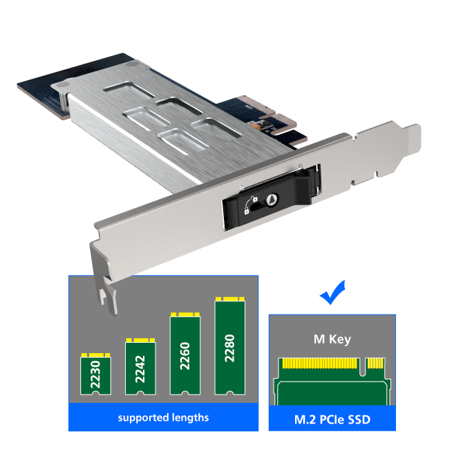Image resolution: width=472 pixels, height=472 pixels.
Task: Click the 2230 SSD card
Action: (96, 374)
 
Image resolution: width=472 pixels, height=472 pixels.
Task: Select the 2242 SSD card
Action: (140, 366)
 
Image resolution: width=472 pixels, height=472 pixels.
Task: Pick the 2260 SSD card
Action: (185, 354)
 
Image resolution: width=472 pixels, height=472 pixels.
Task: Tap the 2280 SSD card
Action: (229, 346)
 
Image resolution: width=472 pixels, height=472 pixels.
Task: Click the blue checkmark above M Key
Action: (332, 292)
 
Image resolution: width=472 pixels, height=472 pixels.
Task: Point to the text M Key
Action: (332, 339)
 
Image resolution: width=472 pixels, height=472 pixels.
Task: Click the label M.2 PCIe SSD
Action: (332, 419)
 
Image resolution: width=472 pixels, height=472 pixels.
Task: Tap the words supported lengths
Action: (163, 418)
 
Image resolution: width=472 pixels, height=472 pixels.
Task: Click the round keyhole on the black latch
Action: (272, 199)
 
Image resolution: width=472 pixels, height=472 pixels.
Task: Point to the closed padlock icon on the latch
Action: (247, 211)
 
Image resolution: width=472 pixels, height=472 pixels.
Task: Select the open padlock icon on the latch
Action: (254, 198)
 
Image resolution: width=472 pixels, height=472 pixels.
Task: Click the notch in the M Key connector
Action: (363, 367)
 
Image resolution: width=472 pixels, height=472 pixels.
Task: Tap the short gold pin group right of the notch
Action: (376, 364)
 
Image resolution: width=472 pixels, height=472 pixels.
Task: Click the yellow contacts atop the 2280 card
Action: (229, 299)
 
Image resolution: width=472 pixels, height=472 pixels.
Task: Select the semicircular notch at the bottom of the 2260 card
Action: (185, 393)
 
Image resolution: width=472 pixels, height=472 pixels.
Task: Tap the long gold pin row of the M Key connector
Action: (320, 364)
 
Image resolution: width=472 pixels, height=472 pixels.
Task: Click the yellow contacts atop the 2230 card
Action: (96, 355)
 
